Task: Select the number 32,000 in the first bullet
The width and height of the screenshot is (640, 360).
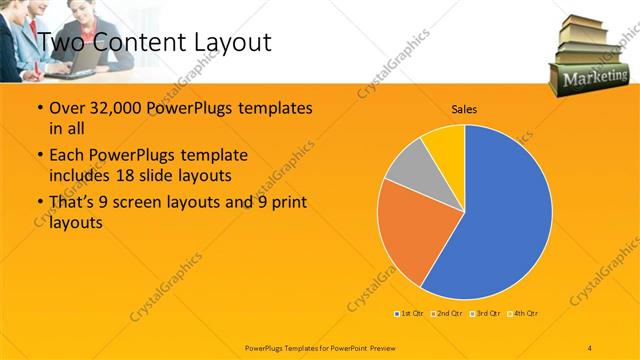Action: pos(113,108)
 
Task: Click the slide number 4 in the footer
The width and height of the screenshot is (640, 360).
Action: pos(591,347)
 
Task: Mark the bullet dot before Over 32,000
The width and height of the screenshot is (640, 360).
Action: pos(38,108)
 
